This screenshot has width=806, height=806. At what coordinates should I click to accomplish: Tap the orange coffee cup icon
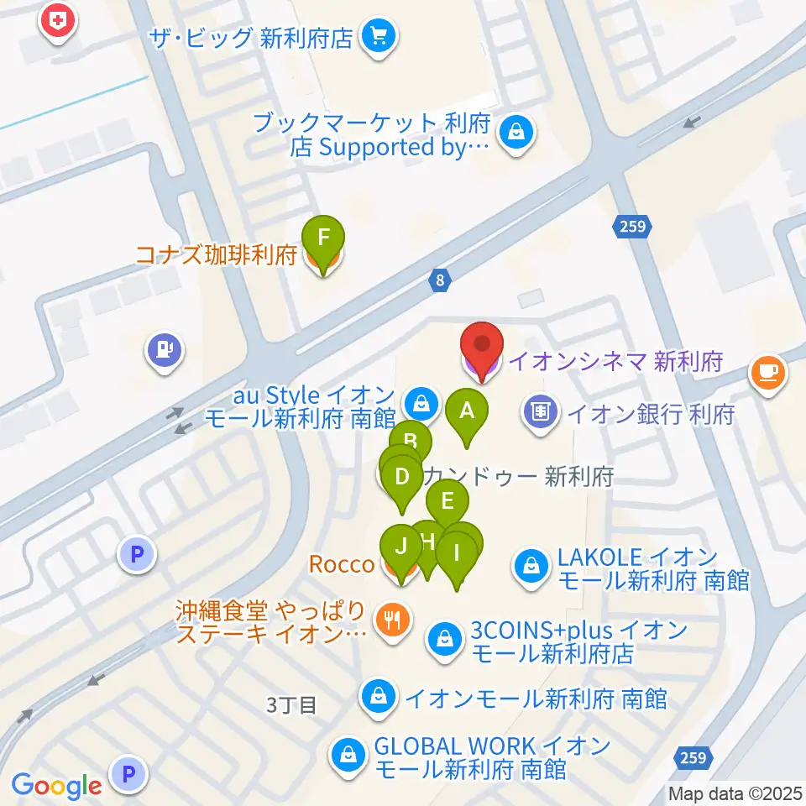768,371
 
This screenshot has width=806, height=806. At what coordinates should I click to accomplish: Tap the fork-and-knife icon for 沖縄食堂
392,622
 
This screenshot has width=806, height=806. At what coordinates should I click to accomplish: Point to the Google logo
56,786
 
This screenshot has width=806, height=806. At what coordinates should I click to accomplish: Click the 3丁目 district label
291,705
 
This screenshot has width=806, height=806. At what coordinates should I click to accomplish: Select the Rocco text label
342,563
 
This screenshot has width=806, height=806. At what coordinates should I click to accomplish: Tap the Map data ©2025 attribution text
735,793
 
